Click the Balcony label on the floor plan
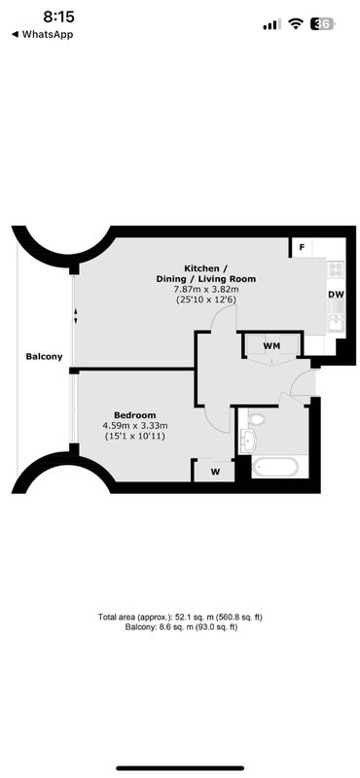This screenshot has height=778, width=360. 44,356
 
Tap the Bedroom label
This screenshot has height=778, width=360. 134,415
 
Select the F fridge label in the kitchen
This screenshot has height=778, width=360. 302,247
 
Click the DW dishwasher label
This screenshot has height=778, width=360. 337,295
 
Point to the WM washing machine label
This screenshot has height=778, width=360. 270,345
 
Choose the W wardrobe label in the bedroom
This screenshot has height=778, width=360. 215,472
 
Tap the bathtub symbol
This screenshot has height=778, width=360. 275,467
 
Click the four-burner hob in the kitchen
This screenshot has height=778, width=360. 336,269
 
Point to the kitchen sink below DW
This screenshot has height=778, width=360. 336,317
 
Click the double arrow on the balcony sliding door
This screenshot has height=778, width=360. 76,316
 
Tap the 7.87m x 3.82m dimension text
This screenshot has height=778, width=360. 206,289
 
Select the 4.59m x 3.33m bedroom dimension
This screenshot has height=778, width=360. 135,426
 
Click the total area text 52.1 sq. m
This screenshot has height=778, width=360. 180,618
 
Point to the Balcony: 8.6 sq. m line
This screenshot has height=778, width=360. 180,627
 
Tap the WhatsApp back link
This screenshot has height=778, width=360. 42,34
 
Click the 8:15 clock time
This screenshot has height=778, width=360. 58,18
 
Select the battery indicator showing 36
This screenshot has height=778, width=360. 323,23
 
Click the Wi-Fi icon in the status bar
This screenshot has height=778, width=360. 297,23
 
